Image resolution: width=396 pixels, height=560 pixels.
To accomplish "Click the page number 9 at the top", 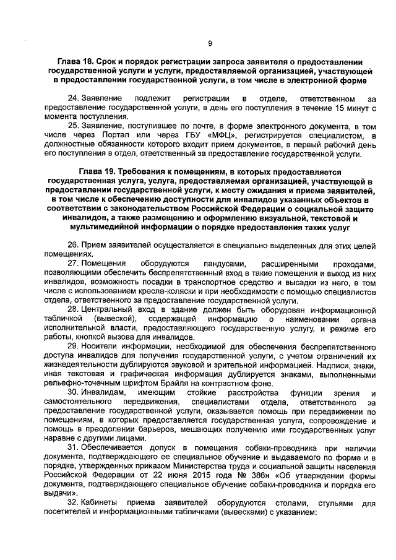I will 210,43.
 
